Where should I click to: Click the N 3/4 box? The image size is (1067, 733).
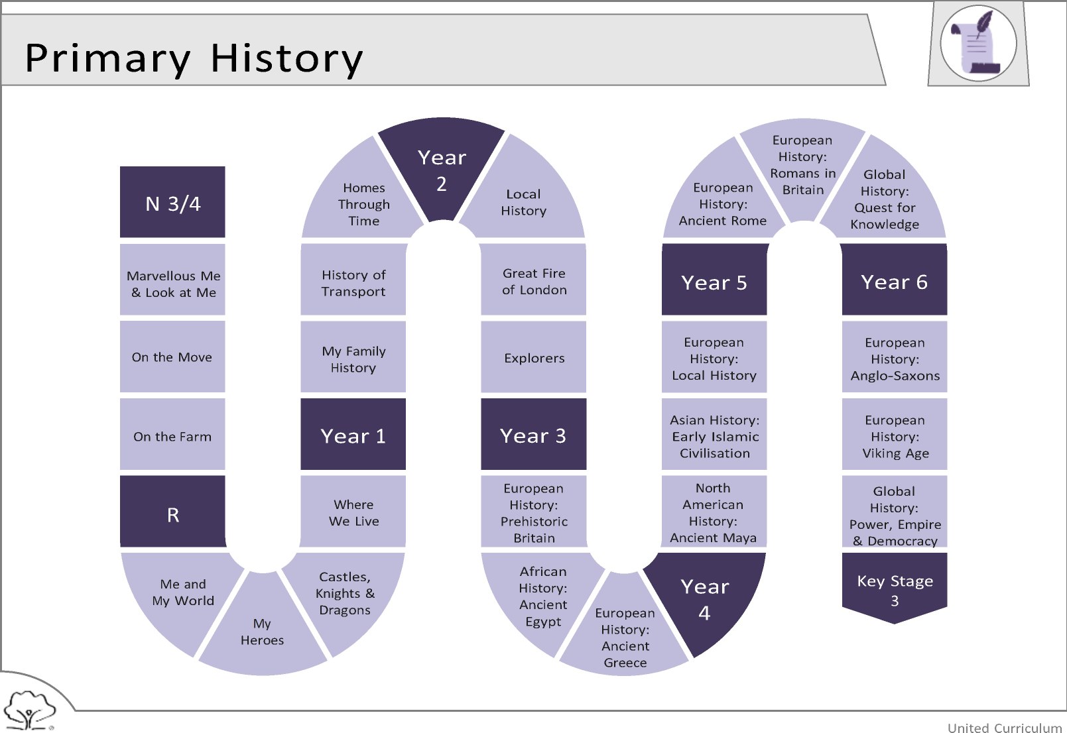pyautogui.click(x=172, y=202)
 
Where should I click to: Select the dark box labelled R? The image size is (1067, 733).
pyautogui.click(x=172, y=512)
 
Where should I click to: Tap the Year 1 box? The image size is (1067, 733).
pyautogui.click(x=353, y=434)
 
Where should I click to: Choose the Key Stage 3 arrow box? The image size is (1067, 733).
pyautogui.click(x=895, y=588)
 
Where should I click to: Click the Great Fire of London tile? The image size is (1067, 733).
pyautogui.click(x=533, y=280)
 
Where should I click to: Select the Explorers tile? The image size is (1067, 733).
pyautogui.click(x=533, y=357)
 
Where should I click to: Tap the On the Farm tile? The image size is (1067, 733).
pyautogui.click(x=172, y=434)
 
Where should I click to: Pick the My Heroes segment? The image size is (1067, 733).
pyautogui.click(x=263, y=628)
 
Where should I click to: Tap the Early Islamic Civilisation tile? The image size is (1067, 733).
pyautogui.click(x=714, y=434)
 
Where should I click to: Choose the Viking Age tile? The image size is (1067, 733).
pyautogui.click(x=895, y=434)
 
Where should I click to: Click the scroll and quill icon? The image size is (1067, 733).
pyautogui.click(x=978, y=43)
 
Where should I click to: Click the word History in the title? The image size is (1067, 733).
pyautogui.click(x=286, y=59)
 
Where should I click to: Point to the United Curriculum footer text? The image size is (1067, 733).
pyautogui.click(x=1005, y=727)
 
